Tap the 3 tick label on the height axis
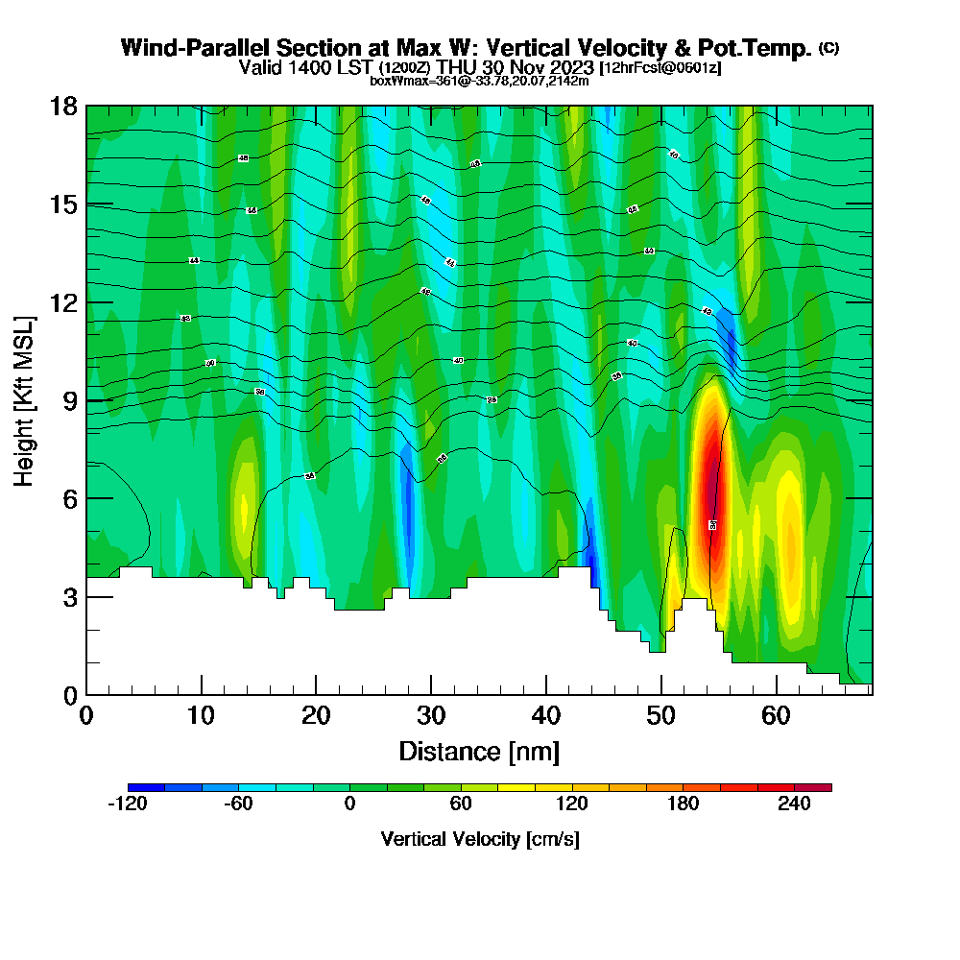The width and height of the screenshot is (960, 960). pos(70,596)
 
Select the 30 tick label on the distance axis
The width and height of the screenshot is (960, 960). pos(431,715)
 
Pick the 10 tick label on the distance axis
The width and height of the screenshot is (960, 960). pos(202,715)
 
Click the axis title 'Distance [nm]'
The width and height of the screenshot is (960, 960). pos(479,750)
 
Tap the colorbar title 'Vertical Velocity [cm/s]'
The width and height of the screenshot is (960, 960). pos(480,839)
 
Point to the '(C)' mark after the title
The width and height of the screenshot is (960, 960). pos(828,48)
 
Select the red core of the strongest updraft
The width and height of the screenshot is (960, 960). pos(710,480)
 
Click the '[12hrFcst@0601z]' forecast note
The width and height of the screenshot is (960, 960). pos(660,68)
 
